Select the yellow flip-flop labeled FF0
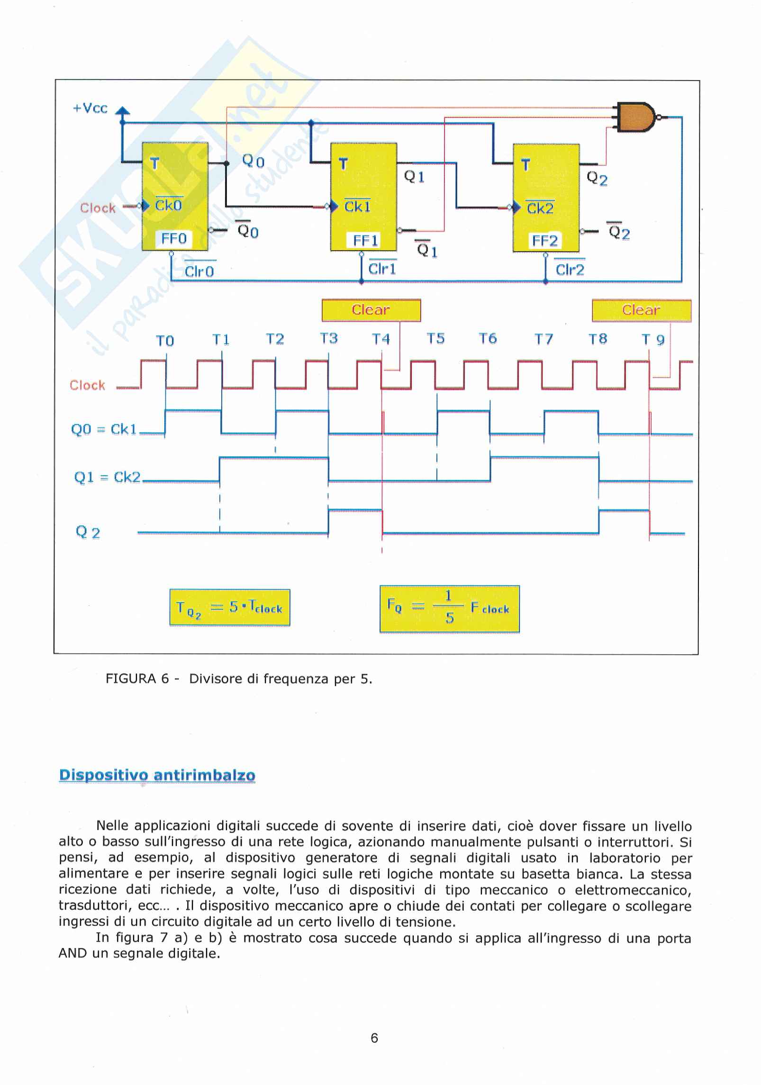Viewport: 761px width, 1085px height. coord(175,196)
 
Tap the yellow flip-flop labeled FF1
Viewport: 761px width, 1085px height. coord(363,196)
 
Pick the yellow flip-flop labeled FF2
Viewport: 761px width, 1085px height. coord(546,198)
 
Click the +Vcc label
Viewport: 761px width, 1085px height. coord(90,108)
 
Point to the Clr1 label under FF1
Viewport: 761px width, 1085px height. coord(382,269)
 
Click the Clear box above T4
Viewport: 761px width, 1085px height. coord(371,310)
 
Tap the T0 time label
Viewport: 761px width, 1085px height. coord(165,341)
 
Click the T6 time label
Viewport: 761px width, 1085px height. coord(488,339)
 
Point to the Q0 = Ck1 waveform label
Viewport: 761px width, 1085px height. coord(104,430)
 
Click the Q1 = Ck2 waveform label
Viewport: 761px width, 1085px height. coord(108,477)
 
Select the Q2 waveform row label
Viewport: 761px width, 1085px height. coord(88,533)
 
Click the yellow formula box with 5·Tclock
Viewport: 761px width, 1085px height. coord(230,608)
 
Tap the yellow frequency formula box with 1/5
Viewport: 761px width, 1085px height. coord(449,609)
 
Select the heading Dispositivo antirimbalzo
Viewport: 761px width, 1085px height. coord(157,776)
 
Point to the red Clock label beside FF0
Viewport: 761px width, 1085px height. coord(98,208)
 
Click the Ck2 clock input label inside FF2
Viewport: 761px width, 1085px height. coord(540,208)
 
